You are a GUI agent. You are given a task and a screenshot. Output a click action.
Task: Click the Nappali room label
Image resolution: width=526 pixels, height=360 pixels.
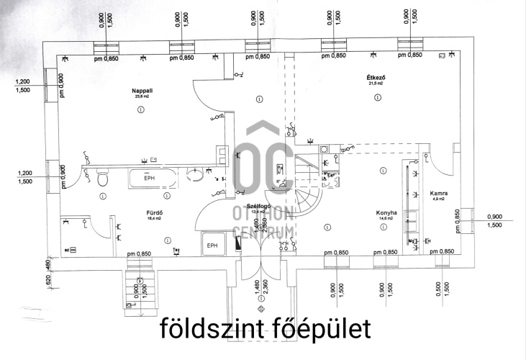(140, 91)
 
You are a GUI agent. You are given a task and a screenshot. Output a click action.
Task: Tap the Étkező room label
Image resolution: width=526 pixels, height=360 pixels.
(373, 77)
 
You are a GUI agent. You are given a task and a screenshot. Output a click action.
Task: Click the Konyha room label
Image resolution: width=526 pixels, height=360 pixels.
(386, 212)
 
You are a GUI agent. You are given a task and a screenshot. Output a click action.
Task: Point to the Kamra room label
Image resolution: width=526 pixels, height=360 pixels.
(439, 194)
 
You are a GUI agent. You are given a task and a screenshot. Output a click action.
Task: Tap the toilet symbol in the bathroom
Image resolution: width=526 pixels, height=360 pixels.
(103, 176)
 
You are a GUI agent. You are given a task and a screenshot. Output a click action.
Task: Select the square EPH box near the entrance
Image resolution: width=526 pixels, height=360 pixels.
(213, 245)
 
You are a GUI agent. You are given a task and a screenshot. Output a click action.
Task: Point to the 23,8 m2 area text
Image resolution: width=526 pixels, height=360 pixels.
(140, 96)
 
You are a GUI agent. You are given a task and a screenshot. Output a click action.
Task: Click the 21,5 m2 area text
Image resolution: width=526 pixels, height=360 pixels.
(373, 84)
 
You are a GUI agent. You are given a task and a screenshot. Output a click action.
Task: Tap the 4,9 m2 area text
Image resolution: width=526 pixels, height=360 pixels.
(439, 200)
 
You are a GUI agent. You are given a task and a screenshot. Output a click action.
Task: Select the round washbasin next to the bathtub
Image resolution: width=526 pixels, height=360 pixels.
(194, 175)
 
